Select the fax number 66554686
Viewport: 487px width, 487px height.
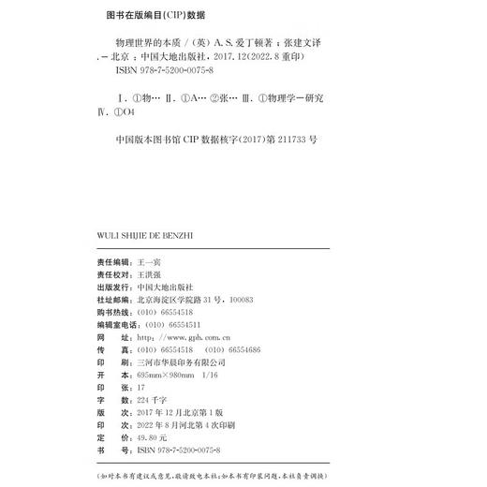pyautogui.click(x=241, y=347)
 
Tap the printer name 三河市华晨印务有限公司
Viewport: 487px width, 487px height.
pyautogui.click(x=181, y=361)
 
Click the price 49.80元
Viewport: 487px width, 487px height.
pyautogui.click(x=152, y=436)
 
